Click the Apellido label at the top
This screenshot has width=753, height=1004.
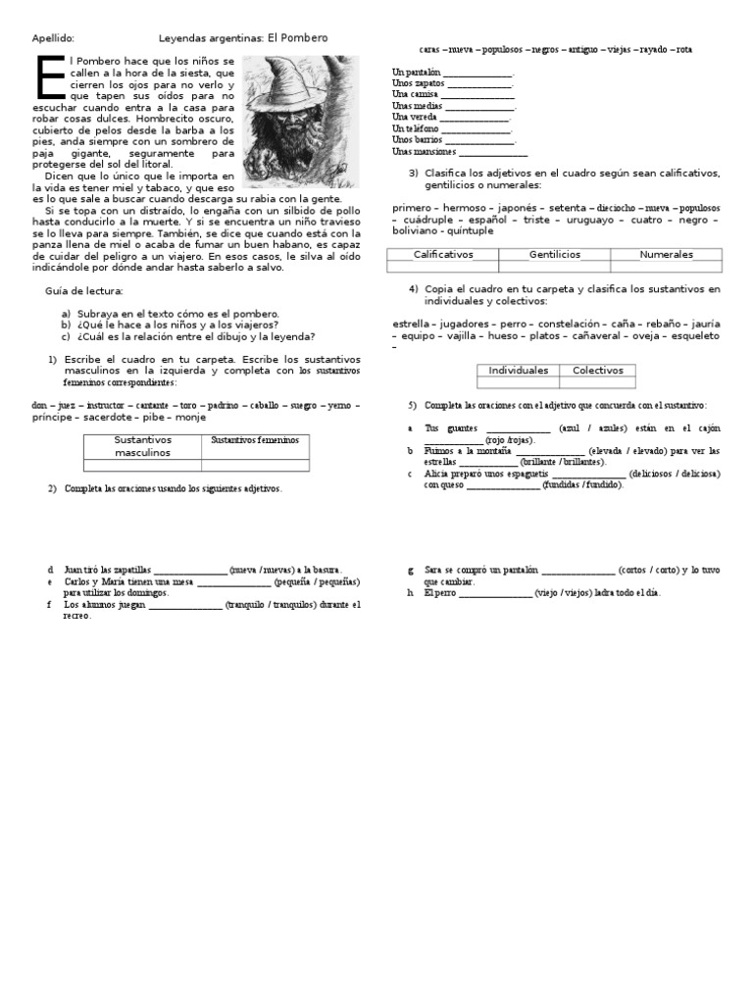(x=53, y=38)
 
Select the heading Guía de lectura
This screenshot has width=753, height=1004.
(x=84, y=291)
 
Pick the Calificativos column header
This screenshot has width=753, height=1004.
(x=443, y=254)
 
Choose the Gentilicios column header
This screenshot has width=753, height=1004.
(x=555, y=254)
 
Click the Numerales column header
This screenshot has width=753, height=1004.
(x=666, y=254)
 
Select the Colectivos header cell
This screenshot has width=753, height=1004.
(x=598, y=370)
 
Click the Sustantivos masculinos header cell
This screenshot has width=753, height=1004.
(x=142, y=446)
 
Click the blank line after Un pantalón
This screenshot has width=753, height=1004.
(x=478, y=73)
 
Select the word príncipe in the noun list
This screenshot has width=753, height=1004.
(x=53, y=417)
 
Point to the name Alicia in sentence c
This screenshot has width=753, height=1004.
(x=437, y=473)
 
